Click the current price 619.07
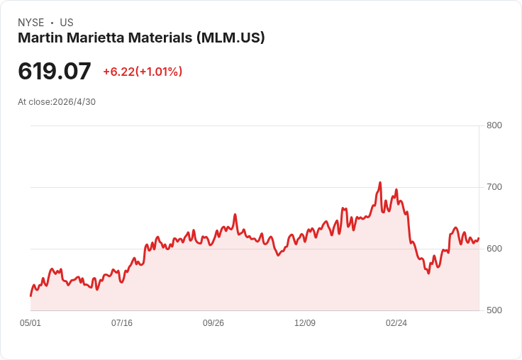[55, 71]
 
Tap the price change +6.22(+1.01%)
[143, 72]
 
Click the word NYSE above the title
[31, 23]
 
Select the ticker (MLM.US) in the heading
[231, 38]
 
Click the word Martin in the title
[40, 38]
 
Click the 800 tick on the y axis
[494, 125]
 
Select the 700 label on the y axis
[494, 187]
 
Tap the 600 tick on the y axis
[494, 249]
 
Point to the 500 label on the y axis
[494, 310]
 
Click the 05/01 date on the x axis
[30, 323]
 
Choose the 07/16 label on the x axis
[122, 323]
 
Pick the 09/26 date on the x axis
[213, 323]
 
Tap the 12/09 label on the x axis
[305, 323]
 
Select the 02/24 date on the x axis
[396, 323]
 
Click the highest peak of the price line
[380, 182]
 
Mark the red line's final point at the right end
[479, 238]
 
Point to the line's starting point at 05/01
[30, 296]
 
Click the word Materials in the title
[160, 38]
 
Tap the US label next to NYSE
[67, 23]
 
